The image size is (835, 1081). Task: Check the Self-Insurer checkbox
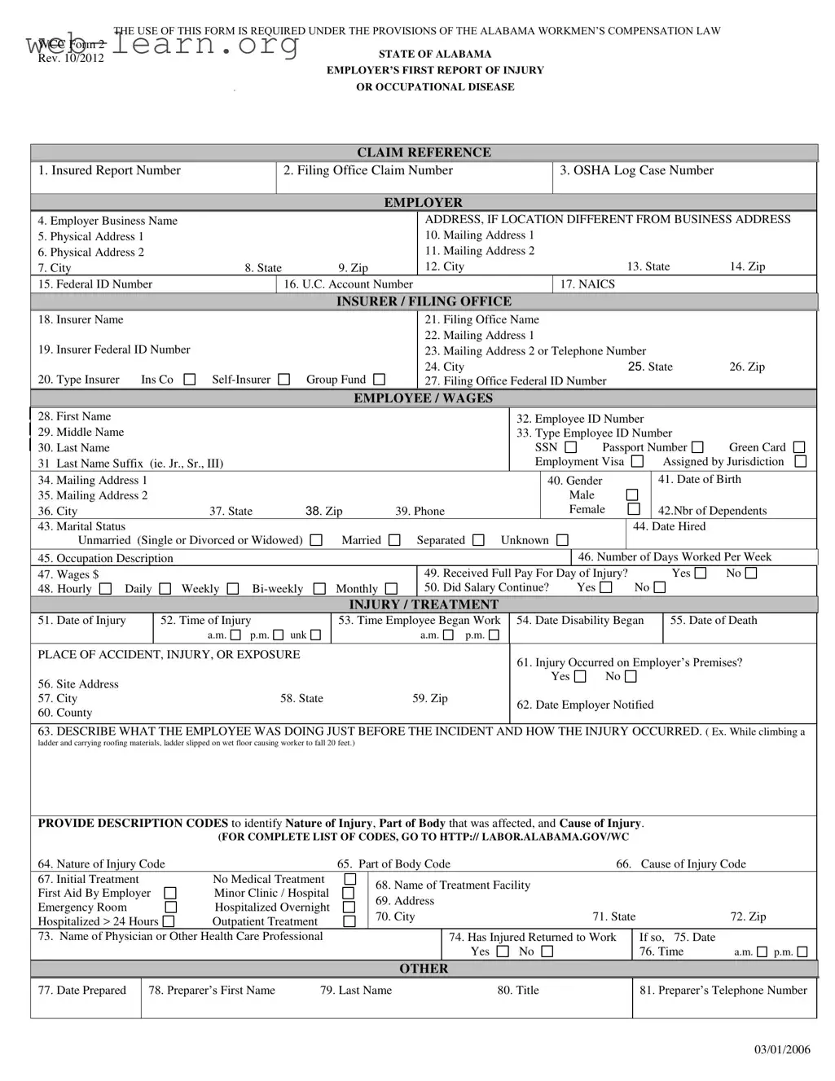coord(283,380)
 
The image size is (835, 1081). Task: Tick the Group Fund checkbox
coord(379,380)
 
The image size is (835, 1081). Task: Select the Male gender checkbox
coord(632,495)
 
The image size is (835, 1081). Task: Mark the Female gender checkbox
coord(634,510)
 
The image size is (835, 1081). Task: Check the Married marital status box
coord(394,540)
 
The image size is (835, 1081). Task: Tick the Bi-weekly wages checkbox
coord(319,589)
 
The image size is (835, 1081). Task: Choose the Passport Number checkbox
coord(697,447)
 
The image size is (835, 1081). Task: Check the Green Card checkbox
coord(799,447)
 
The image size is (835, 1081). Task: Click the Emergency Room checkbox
coord(170,907)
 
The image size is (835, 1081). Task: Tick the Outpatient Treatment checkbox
coord(349,921)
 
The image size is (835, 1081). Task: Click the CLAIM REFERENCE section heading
coord(424,152)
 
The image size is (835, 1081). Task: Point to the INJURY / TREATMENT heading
coord(424,604)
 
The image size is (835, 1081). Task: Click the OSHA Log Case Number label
coord(636,170)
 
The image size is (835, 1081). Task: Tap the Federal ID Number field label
coord(95,284)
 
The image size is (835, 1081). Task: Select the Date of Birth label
coord(700,480)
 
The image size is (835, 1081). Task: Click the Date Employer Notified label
coord(585,705)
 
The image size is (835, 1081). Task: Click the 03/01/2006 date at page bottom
coord(782,1049)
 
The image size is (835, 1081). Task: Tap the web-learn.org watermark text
coord(163,44)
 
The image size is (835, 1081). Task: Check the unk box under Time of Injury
coord(315,635)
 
